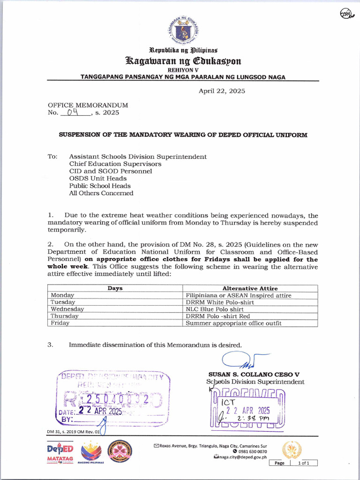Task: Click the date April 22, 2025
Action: click(222, 91)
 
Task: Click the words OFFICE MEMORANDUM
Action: click(88, 105)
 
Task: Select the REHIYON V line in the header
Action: click(183, 70)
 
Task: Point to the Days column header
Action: click(115, 288)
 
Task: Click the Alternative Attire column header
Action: click(250, 288)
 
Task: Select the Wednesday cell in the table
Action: click(67, 309)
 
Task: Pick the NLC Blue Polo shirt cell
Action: click(215, 309)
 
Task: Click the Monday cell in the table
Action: click(62, 295)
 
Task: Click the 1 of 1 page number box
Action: click(303, 463)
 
